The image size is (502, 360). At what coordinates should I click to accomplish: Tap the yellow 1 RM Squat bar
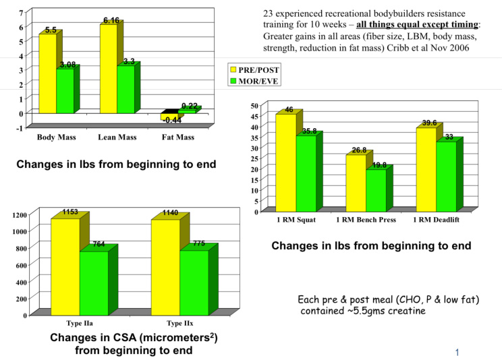286,162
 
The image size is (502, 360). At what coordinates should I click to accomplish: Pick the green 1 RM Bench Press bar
376,189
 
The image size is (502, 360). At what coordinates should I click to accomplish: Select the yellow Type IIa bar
65,267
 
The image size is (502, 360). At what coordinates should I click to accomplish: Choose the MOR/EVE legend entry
254,81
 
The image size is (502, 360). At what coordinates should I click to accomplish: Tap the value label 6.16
111,21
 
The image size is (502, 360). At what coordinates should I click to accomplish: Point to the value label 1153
71,212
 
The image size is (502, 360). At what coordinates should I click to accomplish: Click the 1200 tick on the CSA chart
20,214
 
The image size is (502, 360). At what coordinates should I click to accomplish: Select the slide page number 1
457,352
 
